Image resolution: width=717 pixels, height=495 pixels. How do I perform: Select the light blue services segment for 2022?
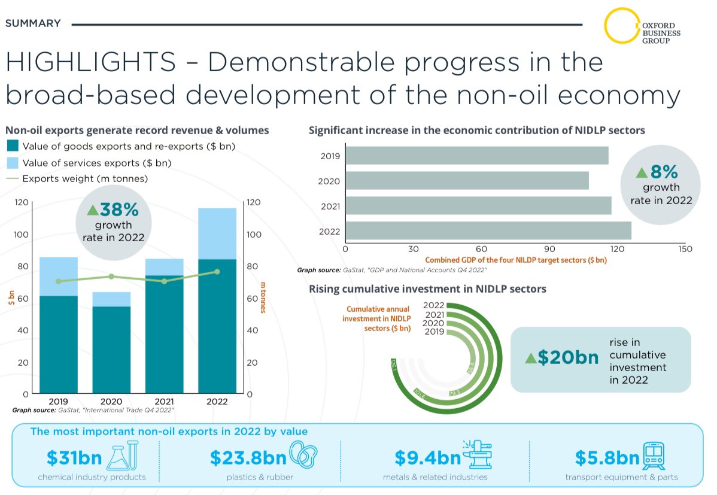click(217, 233)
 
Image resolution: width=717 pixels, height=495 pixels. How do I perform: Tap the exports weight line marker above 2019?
click(58, 281)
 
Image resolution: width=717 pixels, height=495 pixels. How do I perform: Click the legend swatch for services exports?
click(13, 162)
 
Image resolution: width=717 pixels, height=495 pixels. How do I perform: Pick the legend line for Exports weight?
click(13, 178)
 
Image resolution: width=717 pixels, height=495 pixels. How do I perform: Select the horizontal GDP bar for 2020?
click(467, 181)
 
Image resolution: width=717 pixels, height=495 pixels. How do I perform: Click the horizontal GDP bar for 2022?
click(488, 231)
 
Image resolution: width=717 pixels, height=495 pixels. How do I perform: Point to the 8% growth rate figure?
click(663, 172)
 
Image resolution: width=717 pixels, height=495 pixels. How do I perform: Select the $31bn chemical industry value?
click(74, 458)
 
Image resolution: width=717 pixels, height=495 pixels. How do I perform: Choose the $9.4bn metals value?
click(427, 458)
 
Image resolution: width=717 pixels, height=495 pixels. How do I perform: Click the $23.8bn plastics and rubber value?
click(248, 458)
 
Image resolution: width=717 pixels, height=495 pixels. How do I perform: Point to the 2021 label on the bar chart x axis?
click(165, 402)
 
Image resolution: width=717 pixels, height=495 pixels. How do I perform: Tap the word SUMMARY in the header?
click(33, 23)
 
